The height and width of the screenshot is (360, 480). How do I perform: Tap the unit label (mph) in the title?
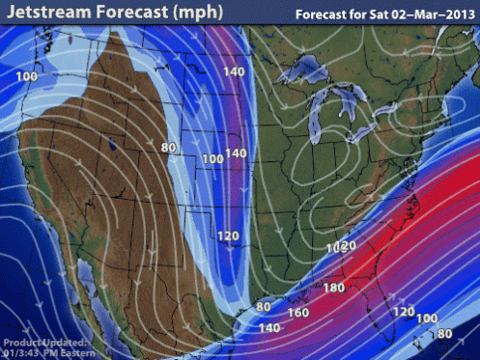click(192, 14)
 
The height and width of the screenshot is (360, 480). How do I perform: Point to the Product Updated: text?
click(45, 343)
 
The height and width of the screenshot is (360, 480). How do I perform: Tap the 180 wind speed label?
click(334, 288)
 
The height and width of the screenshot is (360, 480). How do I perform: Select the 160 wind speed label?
click(297, 312)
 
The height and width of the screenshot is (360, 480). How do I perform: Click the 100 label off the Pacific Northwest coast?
click(27, 76)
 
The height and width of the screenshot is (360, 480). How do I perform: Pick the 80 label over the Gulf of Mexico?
click(263, 308)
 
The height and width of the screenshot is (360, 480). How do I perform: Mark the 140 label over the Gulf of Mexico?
click(269, 328)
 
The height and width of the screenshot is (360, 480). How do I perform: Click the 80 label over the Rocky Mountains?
click(170, 148)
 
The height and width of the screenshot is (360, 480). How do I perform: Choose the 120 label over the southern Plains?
click(228, 235)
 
